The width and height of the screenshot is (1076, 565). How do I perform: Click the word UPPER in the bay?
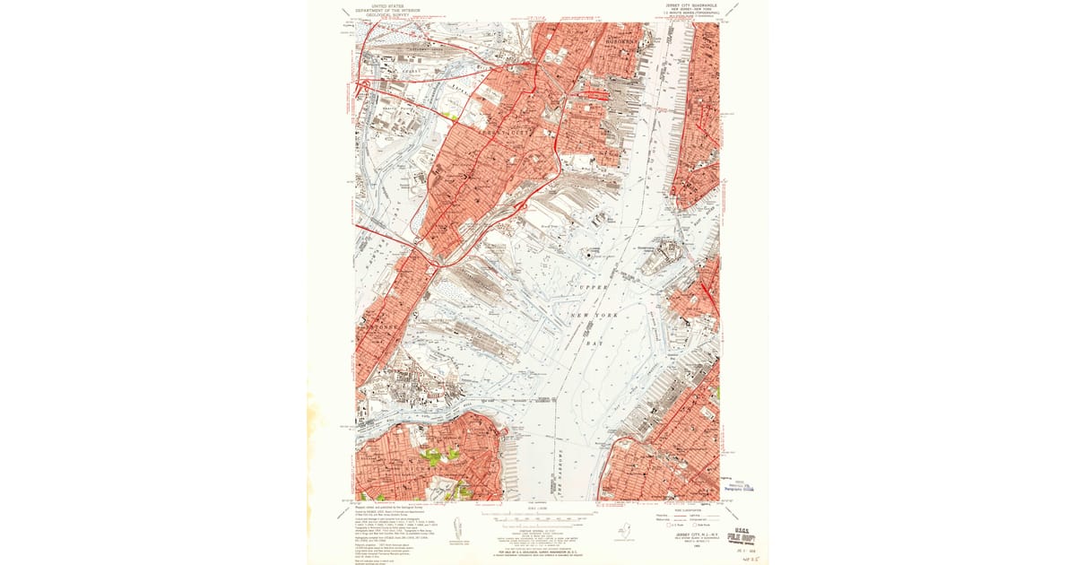point(593,288)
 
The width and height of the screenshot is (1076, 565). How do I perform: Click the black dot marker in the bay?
point(588,256)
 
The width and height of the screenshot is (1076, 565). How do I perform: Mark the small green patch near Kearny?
point(454,116)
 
